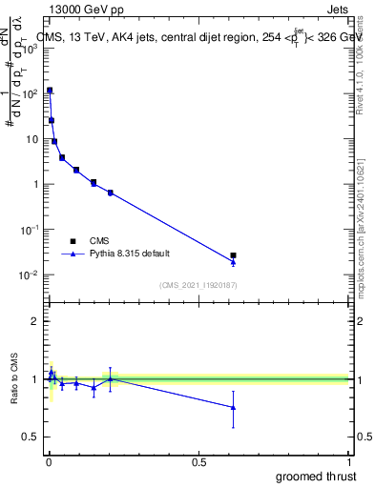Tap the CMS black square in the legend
(73, 241)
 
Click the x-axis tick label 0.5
(199, 462)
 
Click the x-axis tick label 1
(350, 462)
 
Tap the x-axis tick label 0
(49, 462)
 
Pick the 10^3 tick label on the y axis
(30, 49)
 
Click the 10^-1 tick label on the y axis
(30, 230)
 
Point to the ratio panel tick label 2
(35, 322)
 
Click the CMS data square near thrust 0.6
(233, 255)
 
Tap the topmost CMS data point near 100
(50, 91)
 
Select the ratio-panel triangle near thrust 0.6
(233, 407)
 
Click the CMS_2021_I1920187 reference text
(198, 286)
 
